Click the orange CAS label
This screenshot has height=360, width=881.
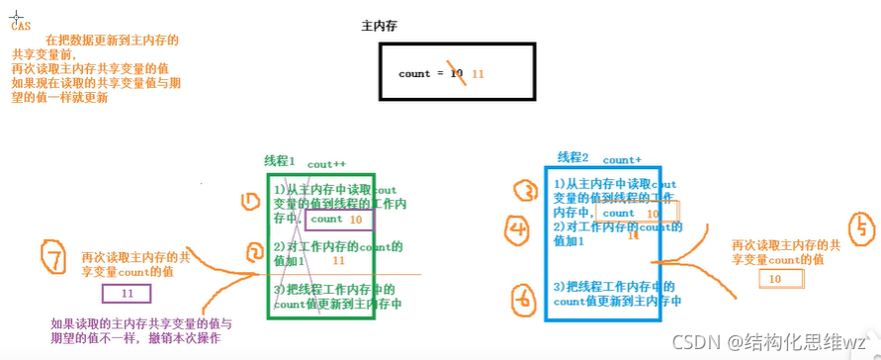click(x=21, y=27)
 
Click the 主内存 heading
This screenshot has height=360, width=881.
click(x=381, y=27)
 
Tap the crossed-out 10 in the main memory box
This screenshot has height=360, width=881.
click(x=456, y=73)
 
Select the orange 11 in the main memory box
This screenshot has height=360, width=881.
click(x=478, y=73)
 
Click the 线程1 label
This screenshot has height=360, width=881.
click(x=281, y=161)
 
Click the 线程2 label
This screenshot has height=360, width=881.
click(x=573, y=157)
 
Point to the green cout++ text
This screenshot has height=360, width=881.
click(x=326, y=163)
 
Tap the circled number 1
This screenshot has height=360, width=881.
click(x=249, y=202)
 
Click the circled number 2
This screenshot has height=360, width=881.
click(x=253, y=253)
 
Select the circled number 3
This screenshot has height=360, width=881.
click(x=529, y=191)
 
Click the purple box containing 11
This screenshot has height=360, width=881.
click(x=126, y=294)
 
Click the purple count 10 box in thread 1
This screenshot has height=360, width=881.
click(x=337, y=220)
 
